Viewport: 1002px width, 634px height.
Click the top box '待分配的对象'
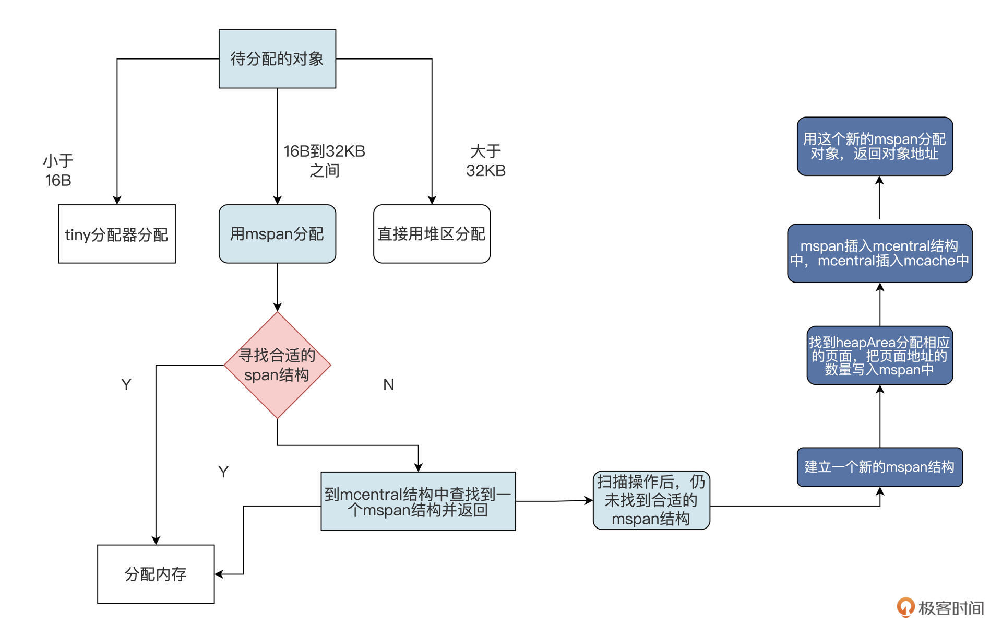coord(277,58)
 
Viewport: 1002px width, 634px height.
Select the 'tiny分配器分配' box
coord(117,234)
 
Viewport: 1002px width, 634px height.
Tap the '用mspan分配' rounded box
coord(277,234)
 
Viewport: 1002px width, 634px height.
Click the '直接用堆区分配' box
coord(432,234)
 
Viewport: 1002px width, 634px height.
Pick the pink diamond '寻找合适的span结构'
coord(277,365)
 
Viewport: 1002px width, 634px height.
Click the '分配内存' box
coord(156,574)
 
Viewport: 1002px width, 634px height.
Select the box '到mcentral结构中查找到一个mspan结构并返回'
coord(418,501)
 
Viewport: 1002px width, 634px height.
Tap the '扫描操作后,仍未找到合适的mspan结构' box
coord(651,500)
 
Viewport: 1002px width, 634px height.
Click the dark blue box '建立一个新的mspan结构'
coord(879,467)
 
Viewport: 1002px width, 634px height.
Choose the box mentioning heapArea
coord(879,356)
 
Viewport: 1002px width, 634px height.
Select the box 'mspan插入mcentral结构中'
coord(879,253)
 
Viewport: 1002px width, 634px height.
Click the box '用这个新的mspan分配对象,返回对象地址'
coord(875,146)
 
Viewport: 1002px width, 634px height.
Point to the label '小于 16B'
coord(58,170)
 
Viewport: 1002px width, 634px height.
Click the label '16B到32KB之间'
coord(324,160)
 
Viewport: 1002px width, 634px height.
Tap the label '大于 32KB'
coord(485,160)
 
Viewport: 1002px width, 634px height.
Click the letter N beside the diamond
coord(388,385)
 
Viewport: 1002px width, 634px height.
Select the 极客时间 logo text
coord(951,608)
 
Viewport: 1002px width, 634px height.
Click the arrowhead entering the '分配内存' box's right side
coord(219,574)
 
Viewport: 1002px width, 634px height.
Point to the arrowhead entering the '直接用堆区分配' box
coord(432,200)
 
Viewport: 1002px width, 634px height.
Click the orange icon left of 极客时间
coord(905,607)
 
